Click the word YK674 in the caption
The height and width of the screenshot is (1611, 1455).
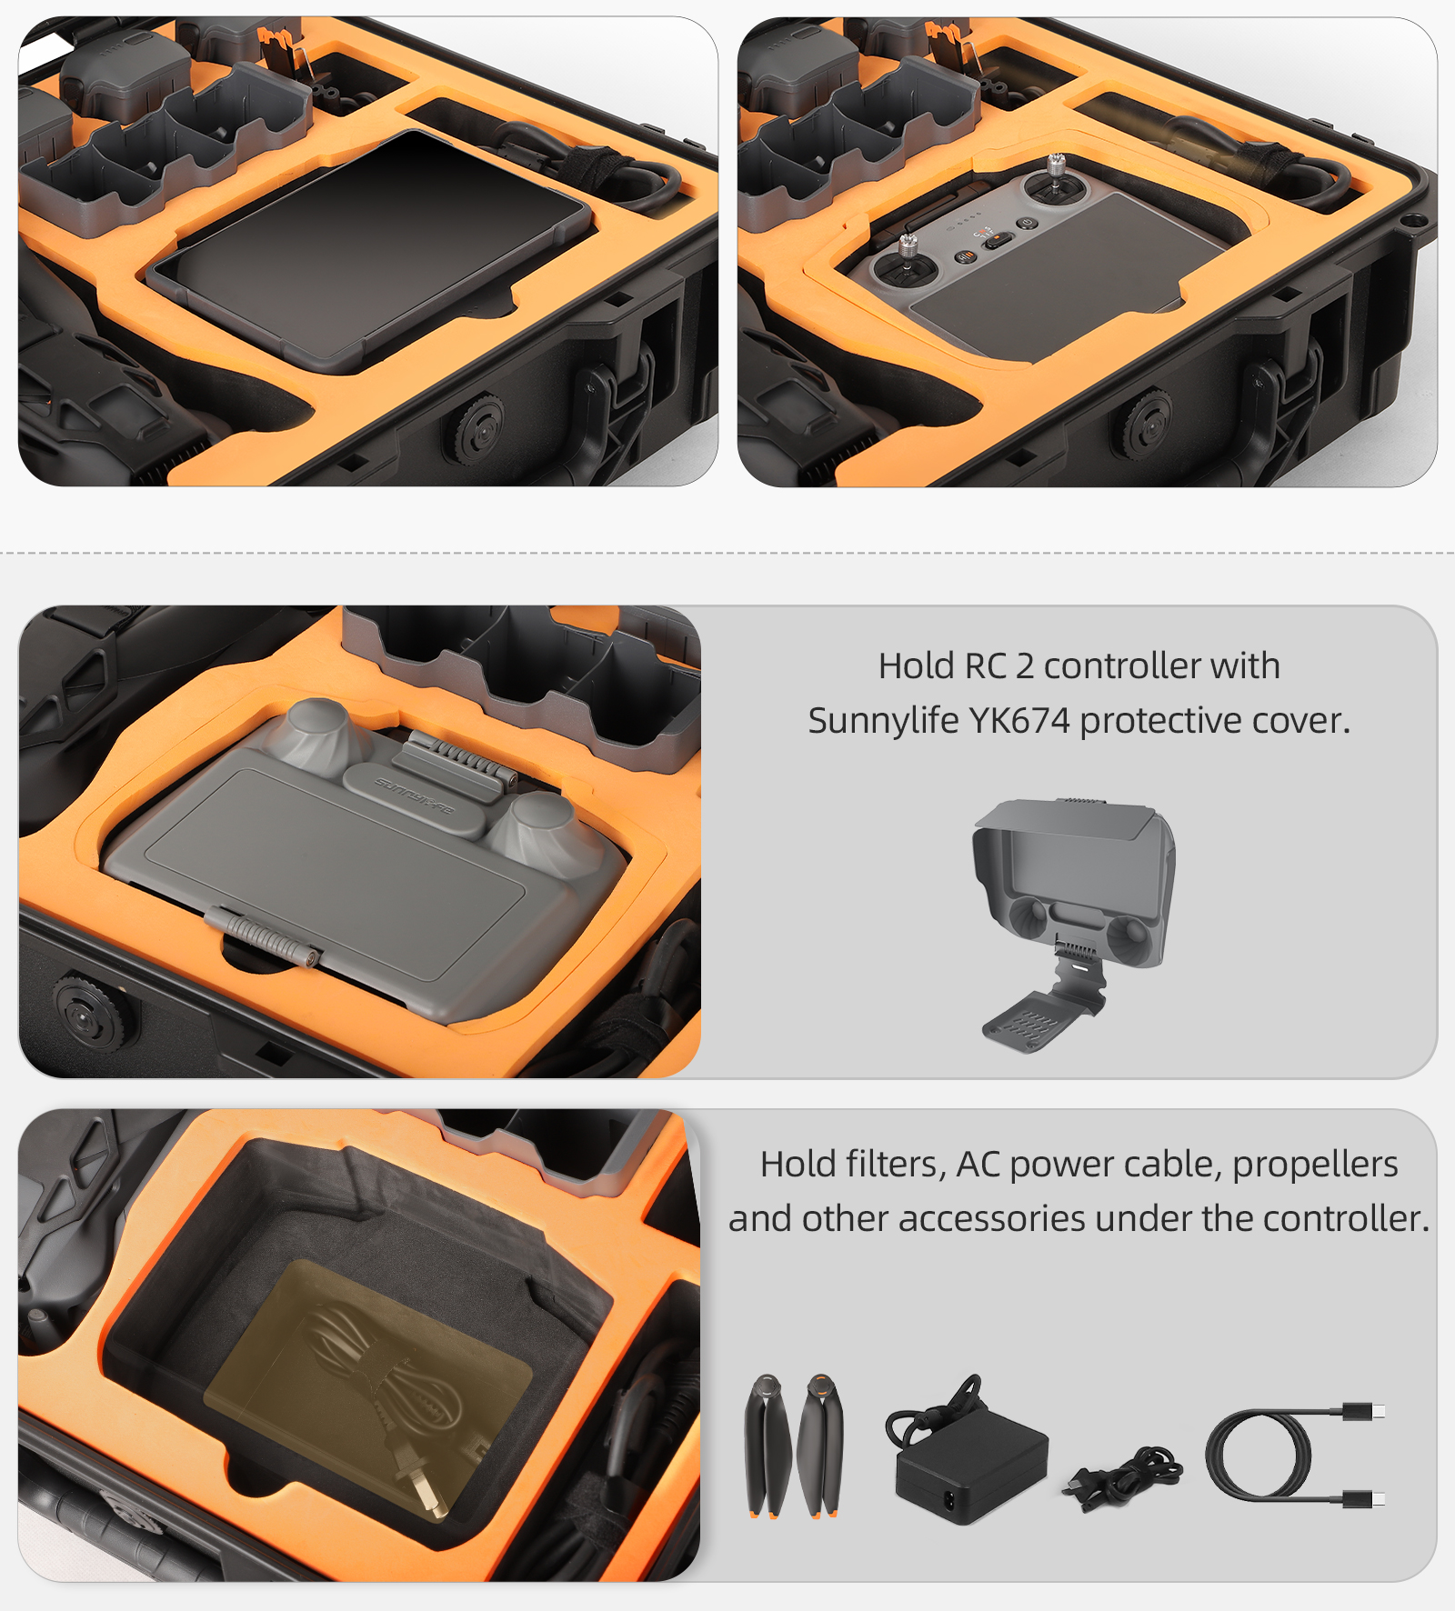pyautogui.click(x=1019, y=720)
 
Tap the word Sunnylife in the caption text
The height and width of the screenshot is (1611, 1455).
pyautogui.click(x=884, y=721)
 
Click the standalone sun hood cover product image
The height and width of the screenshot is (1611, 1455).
pyautogui.click(x=1073, y=923)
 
